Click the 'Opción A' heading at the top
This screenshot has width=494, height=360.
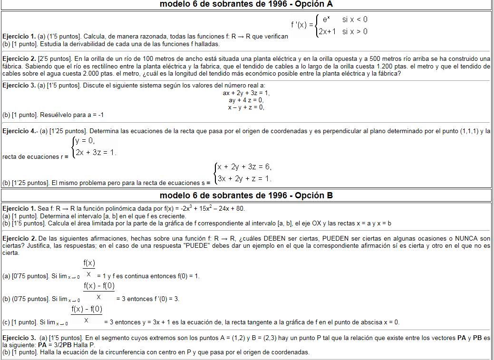coord(246,4)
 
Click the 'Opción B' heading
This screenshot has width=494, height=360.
coord(246,195)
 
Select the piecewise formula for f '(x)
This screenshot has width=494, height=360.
coord(329,26)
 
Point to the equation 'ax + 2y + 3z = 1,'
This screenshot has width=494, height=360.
coord(246,93)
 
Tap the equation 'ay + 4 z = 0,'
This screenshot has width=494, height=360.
coord(246,100)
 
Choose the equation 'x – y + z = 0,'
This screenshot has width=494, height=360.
coord(246,107)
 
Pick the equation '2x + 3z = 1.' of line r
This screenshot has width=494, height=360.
coord(96,152)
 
